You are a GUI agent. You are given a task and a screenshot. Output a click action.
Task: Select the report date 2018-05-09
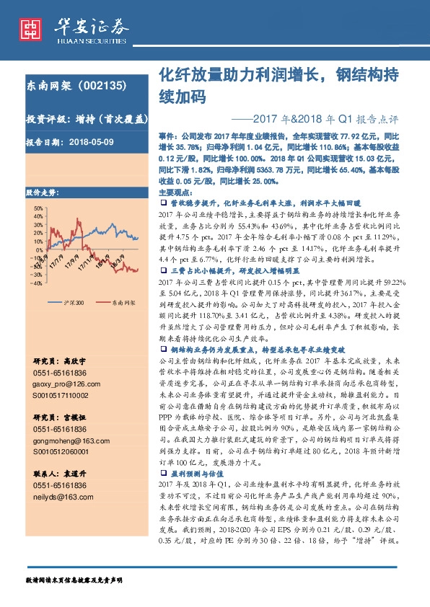point(92,142)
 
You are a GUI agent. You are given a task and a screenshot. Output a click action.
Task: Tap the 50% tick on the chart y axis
point(36,208)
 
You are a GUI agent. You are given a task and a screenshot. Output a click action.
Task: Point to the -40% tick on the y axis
point(36,283)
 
